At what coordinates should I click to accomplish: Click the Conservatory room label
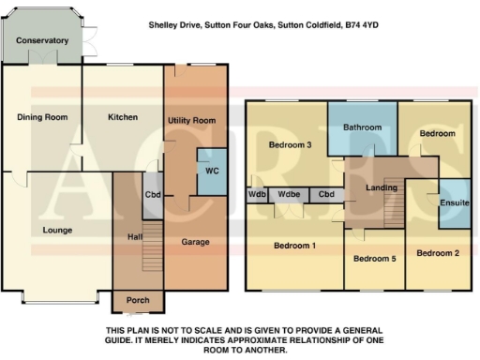click(x=43, y=40)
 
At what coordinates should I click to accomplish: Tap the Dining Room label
click(x=43, y=117)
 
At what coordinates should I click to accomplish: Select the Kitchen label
click(x=123, y=117)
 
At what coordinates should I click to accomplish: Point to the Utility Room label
click(x=191, y=121)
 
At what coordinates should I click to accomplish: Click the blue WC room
click(x=211, y=172)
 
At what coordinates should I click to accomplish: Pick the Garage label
click(x=195, y=241)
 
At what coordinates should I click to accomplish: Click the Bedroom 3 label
click(x=290, y=144)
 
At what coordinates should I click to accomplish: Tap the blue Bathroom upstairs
click(x=362, y=127)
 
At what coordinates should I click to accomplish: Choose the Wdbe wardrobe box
click(x=290, y=195)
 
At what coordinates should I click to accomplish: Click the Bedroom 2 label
click(x=438, y=253)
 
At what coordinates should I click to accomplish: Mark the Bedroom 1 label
click(x=294, y=246)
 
